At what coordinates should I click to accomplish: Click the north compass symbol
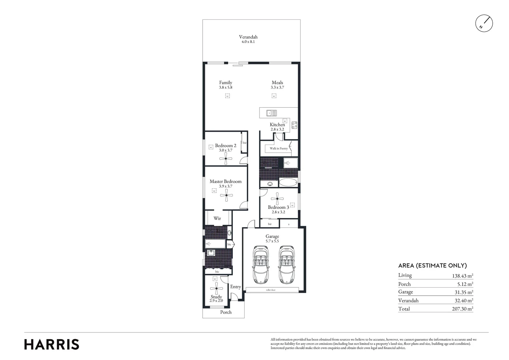(484, 24)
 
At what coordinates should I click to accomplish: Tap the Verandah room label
(248, 37)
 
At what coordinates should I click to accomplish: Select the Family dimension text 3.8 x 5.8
(226, 87)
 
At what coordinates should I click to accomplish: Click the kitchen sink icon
(271, 113)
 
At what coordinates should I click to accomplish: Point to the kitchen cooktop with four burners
(294, 125)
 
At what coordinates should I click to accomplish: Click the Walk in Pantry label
(278, 148)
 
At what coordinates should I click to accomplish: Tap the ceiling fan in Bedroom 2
(226, 159)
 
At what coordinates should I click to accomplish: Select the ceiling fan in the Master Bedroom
(227, 196)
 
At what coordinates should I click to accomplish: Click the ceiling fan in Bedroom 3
(277, 199)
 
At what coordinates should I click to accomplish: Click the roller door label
(270, 290)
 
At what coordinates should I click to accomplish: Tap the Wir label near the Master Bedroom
(217, 219)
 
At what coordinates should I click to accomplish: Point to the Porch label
(226, 312)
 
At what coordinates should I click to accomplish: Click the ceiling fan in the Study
(216, 289)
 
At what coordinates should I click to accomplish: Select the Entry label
(236, 287)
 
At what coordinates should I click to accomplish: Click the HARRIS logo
(52, 344)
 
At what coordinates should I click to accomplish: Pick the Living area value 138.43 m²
(461, 276)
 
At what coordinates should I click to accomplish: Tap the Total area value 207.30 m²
(461, 309)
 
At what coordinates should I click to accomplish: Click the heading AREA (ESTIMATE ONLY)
(432, 266)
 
